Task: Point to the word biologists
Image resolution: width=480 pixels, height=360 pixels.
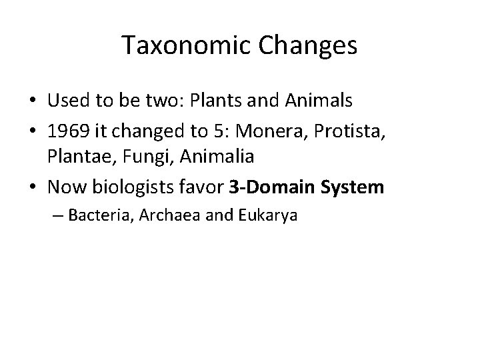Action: (135, 187)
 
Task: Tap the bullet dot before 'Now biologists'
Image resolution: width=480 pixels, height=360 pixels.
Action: (34, 188)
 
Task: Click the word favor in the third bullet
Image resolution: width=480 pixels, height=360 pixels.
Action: (204, 187)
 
